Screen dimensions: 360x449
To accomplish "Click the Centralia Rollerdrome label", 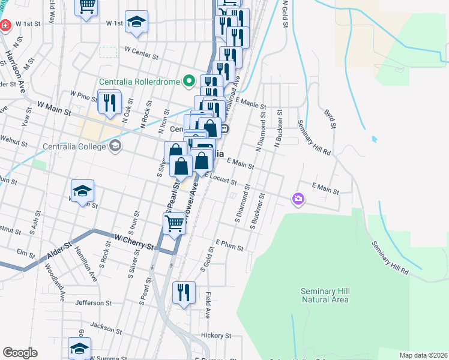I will pyautogui.click(x=140, y=80).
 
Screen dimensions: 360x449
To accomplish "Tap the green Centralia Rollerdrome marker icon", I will pyautogui.click(x=189, y=80).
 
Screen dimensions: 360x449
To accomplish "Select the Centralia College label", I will pyautogui.click(x=74, y=146).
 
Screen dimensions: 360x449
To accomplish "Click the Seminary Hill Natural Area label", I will pyautogui.click(x=325, y=295).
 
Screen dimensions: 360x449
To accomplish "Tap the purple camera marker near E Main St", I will pyautogui.click(x=298, y=199).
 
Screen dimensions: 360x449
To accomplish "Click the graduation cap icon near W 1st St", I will pyautogui.click(x=137, y=22).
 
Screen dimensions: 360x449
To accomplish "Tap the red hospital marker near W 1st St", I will pyautogui.click(x=6, y=26).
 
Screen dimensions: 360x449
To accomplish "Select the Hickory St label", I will pyautogui.click(x=216, y=335).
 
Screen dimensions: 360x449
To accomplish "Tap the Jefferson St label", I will pyautogui.click(x=94, y=303).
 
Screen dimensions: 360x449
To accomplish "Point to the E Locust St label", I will pyautogui.click(x=223, y=179).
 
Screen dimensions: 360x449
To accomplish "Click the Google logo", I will pyautogui.click(x=20, y=353).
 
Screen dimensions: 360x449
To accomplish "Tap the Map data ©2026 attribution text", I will pyautogui.click(x=423, y=355).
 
